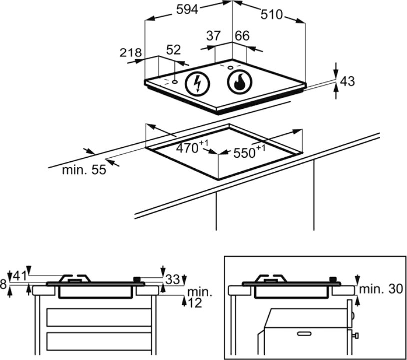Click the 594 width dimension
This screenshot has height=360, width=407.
tap(187, 10)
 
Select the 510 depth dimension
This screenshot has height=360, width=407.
tap(271, 14)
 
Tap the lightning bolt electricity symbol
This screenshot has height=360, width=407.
tap(198, 83)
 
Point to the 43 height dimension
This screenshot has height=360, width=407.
tap(347, 81)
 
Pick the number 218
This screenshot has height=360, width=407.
tap(130, 53)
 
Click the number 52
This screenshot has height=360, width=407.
tap(173, 49)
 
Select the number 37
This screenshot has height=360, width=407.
tap(213, 35)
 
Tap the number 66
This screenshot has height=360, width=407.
tap(242, 35)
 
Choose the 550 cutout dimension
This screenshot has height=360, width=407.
tap(249, 152)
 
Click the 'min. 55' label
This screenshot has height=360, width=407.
tap(84, 170)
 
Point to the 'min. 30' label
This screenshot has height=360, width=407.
tap(381, 289)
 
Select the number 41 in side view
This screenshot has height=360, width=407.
tap(20, 276)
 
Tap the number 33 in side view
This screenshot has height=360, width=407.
tap(173, 280)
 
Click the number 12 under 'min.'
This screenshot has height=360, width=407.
tap(195, 303)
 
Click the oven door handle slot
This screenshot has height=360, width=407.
tap(304, 334)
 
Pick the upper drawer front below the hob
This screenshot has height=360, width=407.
tap(99, 318)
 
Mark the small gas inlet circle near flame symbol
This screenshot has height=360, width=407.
tap(230, 68)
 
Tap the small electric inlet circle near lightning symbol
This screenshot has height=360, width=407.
tap(175, 82)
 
